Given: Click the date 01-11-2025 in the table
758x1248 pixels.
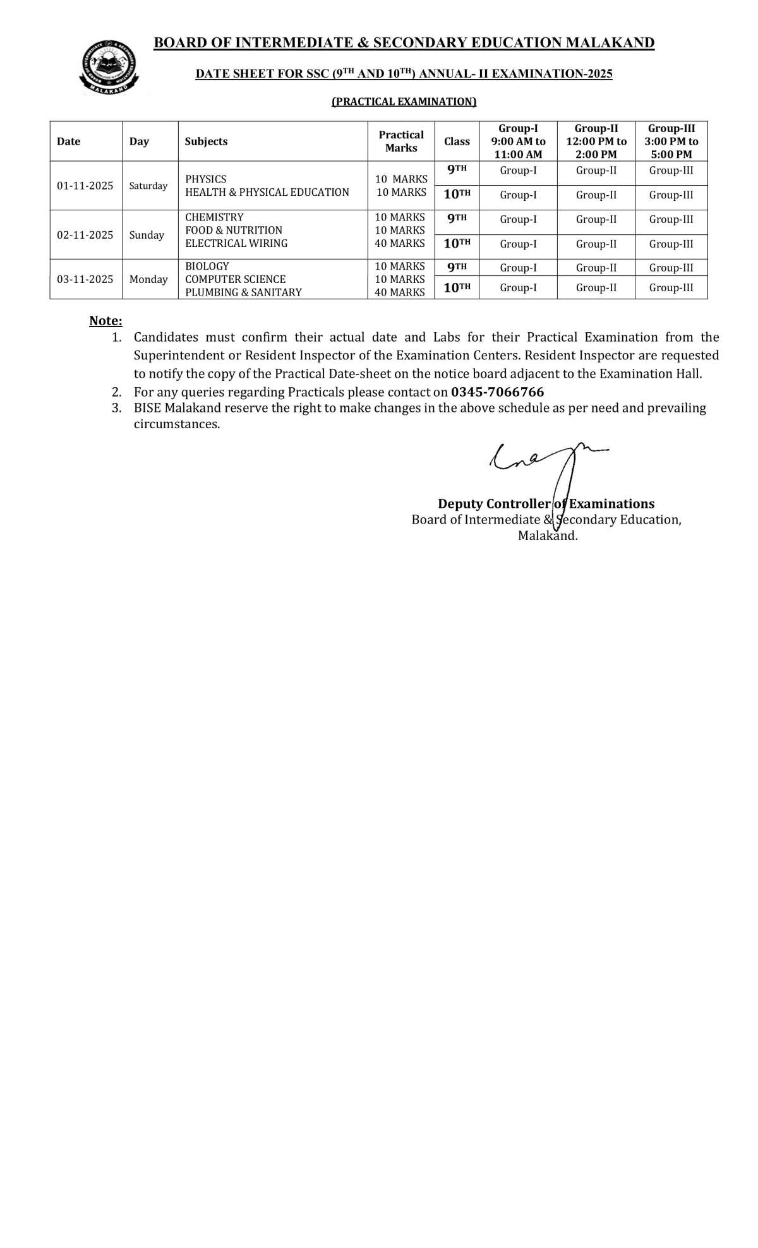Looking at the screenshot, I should point(85,186).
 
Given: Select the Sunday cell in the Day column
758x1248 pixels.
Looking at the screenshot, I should point(147,235).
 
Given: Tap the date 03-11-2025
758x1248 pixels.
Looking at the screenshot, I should point(85,279).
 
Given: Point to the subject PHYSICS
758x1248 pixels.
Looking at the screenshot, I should point(206,179).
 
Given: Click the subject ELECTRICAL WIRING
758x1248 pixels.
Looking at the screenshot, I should point(236,244).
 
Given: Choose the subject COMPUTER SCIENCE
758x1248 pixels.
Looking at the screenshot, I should point(236,279).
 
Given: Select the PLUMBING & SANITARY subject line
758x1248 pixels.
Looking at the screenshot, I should point(243,292).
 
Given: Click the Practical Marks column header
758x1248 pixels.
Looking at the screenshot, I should point(401,141).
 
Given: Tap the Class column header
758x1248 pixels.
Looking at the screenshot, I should point(457,141).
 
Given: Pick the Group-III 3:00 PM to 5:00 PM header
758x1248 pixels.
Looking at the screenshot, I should point(671,141).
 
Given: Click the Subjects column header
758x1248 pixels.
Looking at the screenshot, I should point(206,141).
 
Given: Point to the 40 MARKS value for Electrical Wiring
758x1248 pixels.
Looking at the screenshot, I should point(400,244).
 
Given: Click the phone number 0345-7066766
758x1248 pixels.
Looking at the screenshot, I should point(498,392).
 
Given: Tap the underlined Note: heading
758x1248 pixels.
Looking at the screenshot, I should point(105,321).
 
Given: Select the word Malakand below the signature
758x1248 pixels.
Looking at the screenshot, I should point(548,536).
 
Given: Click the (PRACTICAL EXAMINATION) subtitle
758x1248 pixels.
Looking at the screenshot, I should point(404,102).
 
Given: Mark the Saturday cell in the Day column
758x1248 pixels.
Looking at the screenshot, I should point(148,186).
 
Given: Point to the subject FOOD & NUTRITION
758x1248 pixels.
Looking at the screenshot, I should point(234,231).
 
